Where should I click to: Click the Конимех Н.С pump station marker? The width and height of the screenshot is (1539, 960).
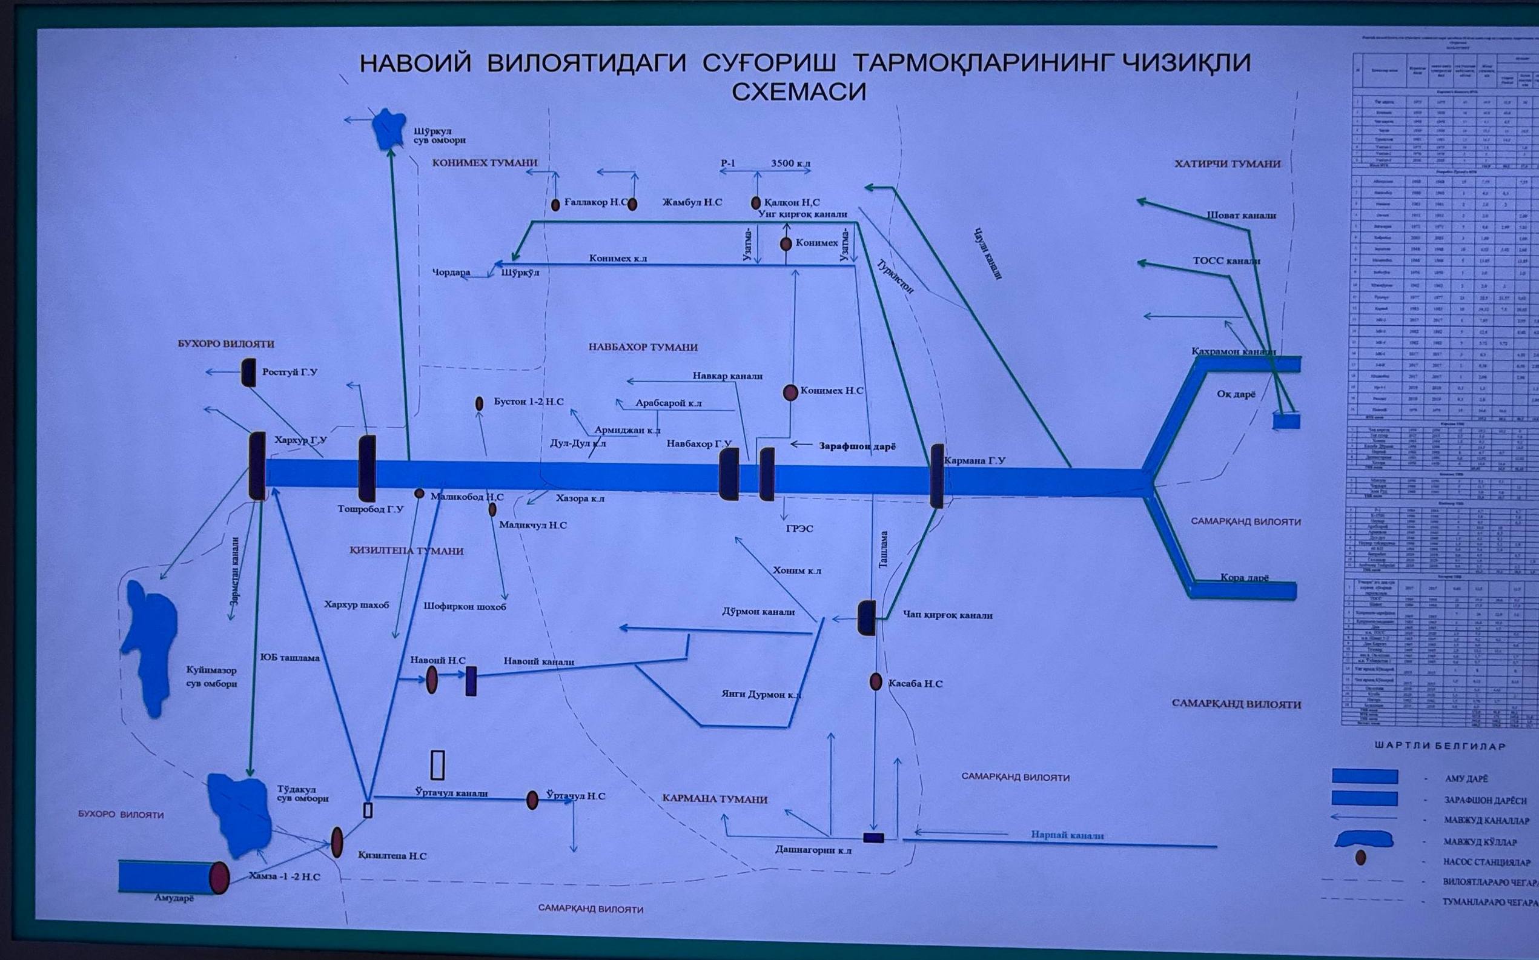point(790,392)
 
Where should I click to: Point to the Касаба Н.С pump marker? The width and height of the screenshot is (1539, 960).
point(876,682)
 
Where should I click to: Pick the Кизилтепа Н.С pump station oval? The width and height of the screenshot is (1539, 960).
point(337,842)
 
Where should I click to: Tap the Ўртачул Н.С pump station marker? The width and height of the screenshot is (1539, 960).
point(532,800)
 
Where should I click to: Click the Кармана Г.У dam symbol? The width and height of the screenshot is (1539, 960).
point(936,475)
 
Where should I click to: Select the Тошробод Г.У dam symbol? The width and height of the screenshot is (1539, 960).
point(367,468)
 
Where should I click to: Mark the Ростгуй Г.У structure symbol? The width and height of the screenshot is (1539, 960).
point(248,372)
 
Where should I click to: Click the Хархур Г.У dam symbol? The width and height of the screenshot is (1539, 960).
point(257,465)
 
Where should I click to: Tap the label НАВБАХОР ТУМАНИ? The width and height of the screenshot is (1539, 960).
point(643,347)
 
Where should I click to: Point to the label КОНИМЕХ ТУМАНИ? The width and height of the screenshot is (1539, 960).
point(485,162)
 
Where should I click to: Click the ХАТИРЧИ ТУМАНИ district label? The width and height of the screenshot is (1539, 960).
point(1226,164)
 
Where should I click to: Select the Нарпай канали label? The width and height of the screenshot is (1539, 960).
point(1067,836)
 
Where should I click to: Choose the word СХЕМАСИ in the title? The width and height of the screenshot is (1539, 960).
point(798,93)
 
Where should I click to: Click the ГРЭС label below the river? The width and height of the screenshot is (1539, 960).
point(799,528)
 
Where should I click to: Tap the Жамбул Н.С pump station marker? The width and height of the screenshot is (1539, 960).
point(632,204)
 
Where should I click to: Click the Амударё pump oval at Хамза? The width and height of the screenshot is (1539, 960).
point(220,878)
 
